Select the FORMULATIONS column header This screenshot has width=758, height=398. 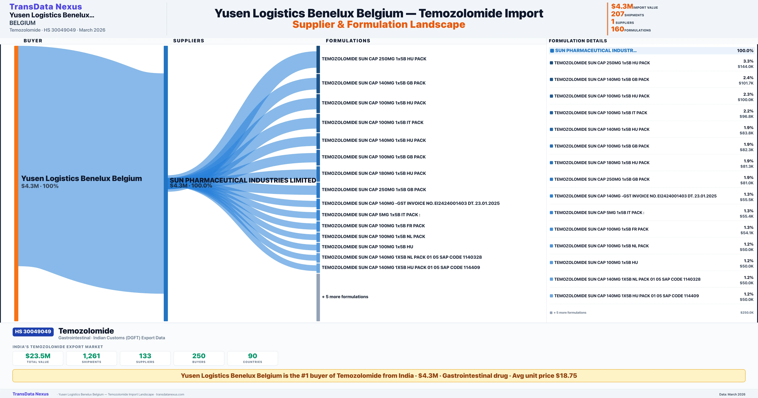348,41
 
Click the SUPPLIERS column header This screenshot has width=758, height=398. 189,41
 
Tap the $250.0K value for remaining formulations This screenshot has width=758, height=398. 747,313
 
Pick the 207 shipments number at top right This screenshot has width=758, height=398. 617,14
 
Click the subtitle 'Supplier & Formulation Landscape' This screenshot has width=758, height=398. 379,24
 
